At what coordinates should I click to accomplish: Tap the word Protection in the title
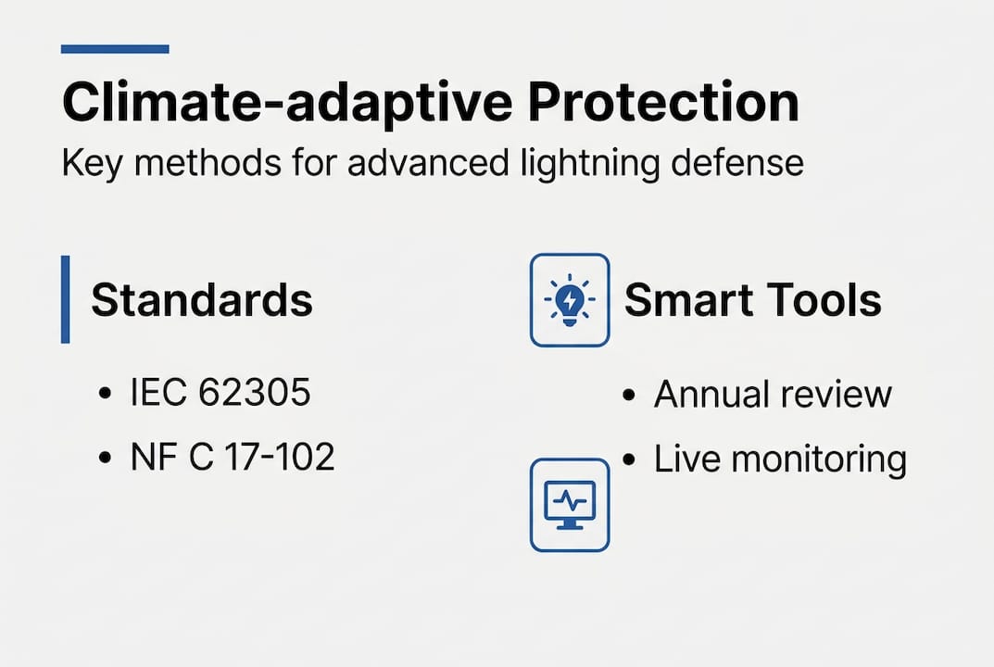click(x=664, y=103)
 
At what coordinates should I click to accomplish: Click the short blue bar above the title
click(x=115, y=49)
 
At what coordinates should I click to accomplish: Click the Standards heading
click(x=202, y=300)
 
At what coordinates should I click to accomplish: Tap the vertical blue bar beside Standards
click(x=65, y=299)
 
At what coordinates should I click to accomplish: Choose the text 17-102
click(x=279, y=457)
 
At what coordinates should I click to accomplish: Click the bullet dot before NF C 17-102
click(x=103, y=459)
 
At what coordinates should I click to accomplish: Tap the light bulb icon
click(x=570, y=300)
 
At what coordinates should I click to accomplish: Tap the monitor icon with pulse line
click(x=570, y=505)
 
